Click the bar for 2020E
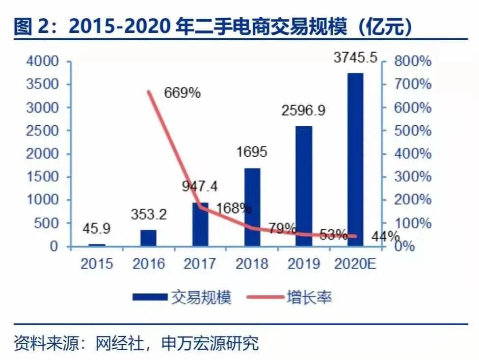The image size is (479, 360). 356,160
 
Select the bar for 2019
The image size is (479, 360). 304,186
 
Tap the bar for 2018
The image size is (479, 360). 252,207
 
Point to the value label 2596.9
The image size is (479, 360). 303,111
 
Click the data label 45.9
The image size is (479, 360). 96,229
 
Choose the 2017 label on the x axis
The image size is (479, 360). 200,264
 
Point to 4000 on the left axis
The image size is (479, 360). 40,61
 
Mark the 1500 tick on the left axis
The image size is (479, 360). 40,177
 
